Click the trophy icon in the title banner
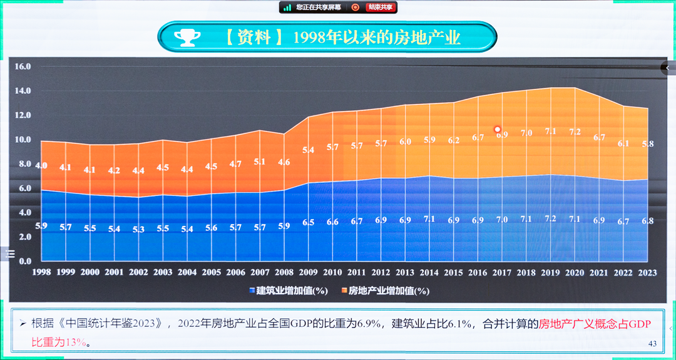coord(187,38)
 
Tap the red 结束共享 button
coord(381,8)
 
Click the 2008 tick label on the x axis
coord(284,272)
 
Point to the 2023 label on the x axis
coord(648,272)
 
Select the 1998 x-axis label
coord(41,272)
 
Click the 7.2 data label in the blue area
coord(550,219)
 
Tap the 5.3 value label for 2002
coord(138,230)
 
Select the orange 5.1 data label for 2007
coord(260,162)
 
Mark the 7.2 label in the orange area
coord(575,132)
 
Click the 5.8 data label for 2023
coord(648,144)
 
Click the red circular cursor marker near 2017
coord(498,130)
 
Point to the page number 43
coord(652,343)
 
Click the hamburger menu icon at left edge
coord(10,254)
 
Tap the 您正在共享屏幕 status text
coord(319,8)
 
